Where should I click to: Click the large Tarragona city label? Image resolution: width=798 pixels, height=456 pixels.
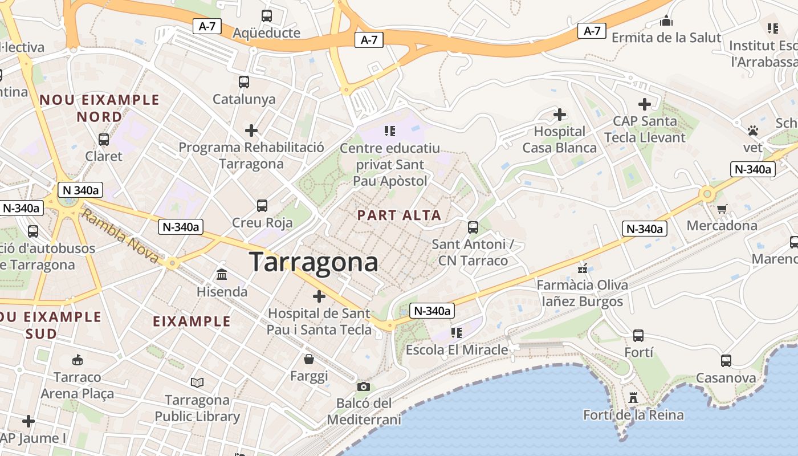coord(313,262)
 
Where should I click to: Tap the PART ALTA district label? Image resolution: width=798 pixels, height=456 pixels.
coord(399,215)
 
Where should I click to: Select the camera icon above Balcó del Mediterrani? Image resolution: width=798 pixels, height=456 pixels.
coord(364,387)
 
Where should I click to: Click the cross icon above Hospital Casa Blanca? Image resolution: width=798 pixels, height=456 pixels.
coord(560,115)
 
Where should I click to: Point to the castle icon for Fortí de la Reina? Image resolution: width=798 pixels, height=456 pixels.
coord(633,397)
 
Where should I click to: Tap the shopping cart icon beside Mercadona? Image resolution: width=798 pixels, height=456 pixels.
coord(722,209)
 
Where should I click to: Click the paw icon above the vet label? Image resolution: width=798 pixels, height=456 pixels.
coord(753,131)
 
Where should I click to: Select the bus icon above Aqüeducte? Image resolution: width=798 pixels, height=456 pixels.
coord(267,16)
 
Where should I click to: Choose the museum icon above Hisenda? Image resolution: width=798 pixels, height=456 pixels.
coord(222,275)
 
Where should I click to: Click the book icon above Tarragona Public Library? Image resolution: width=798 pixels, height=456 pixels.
coord(197,382)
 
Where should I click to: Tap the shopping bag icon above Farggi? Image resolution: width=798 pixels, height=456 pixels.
coord(309,359)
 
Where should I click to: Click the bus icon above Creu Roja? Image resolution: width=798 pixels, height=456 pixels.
coord(262,206)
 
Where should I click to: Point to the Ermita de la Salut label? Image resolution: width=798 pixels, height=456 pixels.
coord(666,38)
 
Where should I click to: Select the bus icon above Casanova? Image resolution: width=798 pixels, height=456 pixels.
coord(726,361)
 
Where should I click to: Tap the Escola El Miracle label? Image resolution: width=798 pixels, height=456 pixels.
coord(457,349)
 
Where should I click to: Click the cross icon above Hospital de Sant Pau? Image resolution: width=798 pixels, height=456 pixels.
coord(319,296)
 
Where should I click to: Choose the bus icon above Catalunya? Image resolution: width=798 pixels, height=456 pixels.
coord(244,82)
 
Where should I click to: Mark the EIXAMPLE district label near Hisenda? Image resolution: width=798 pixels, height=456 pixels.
coord(192,321)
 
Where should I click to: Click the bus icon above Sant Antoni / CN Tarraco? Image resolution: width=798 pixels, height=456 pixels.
coord(473,227)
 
